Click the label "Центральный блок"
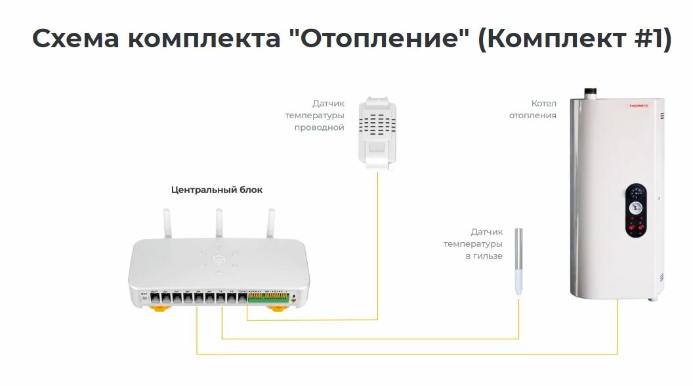click(217, 190)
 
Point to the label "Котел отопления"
click(543, 110)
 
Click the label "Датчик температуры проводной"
click(315, 115)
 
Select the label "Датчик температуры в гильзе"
click(473, 244)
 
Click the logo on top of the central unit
click(219, 259)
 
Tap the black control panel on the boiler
click(636, 210)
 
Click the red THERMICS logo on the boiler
click(638, 106)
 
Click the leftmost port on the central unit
click(155, 297)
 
